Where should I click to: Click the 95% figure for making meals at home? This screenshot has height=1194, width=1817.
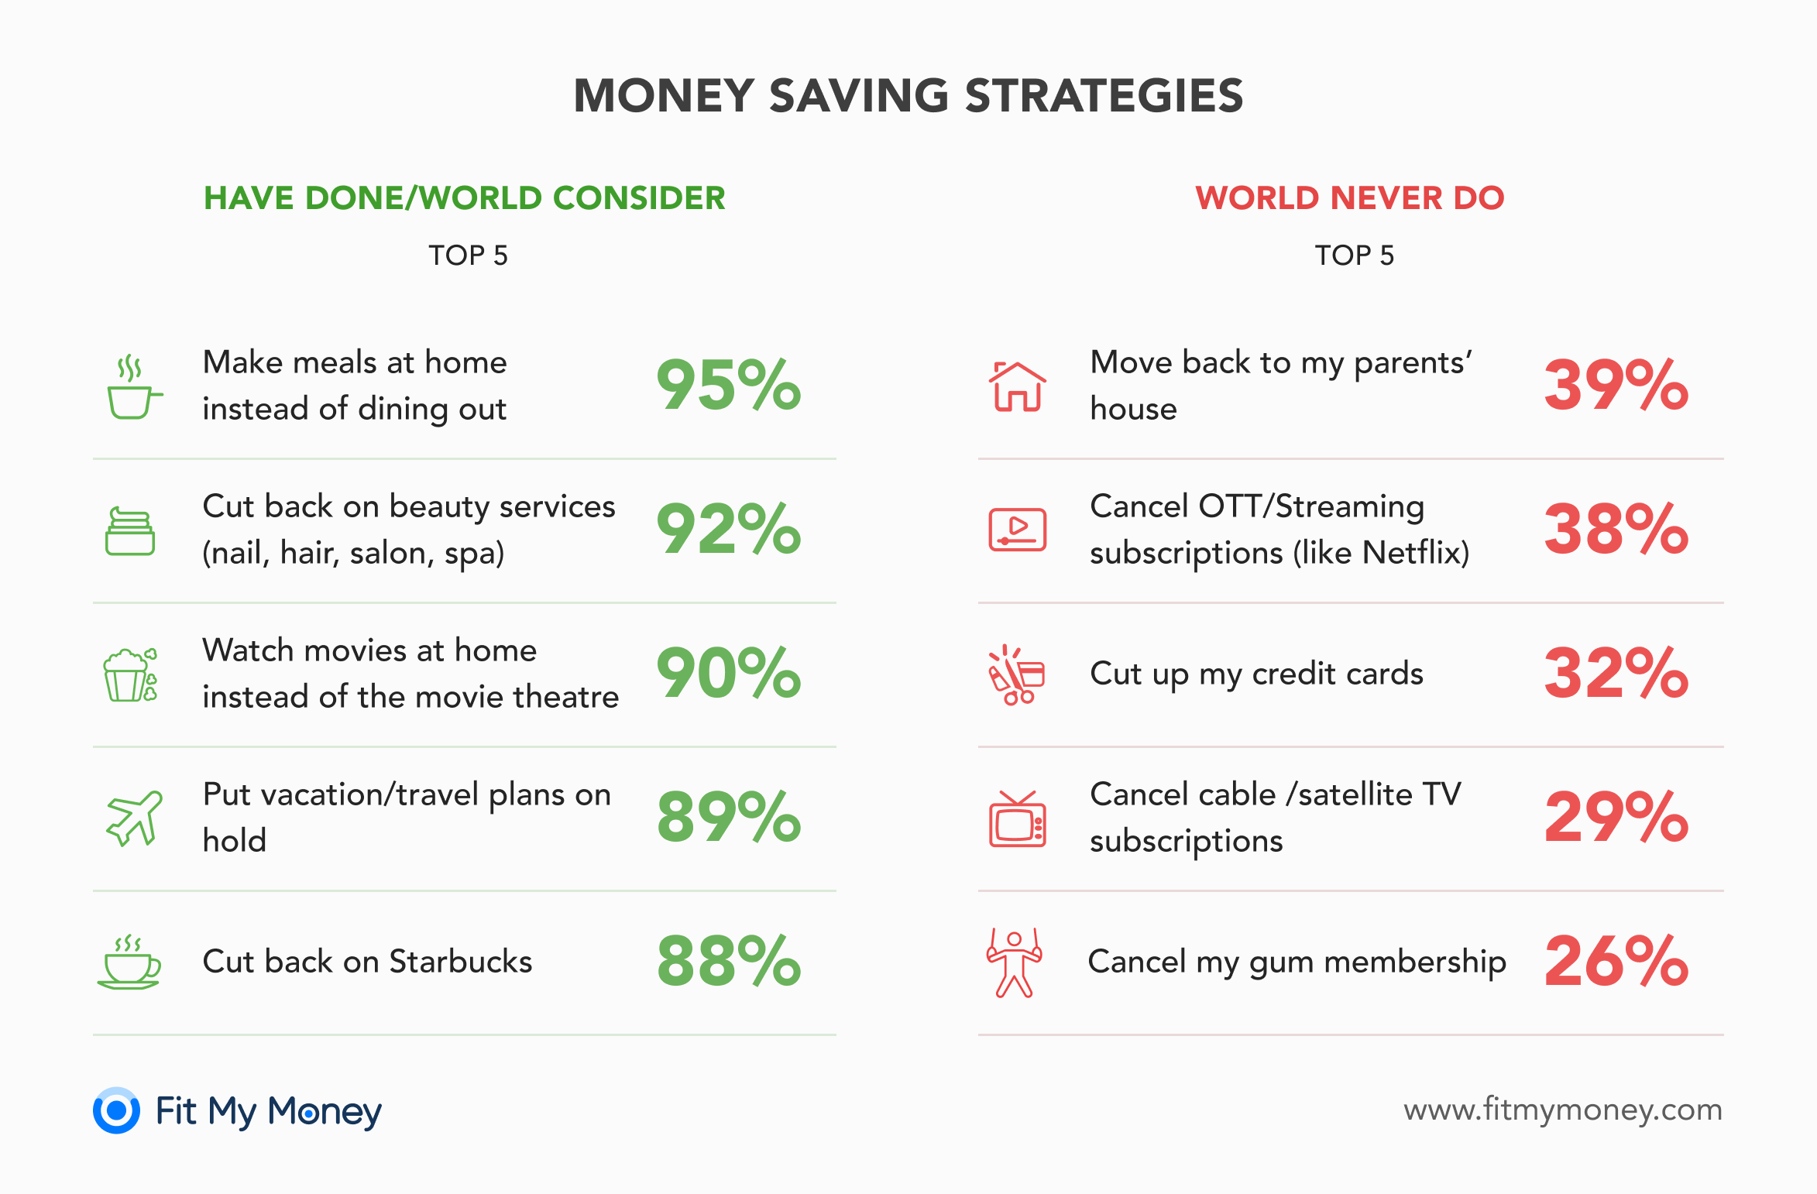[x=729, y=385]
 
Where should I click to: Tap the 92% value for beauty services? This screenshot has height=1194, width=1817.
[x=729, y=529]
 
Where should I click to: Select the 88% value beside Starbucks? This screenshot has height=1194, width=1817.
[x=729, y=961]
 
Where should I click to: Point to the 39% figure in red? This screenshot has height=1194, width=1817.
[x=1616, y=385]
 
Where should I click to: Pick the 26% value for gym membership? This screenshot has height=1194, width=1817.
[x=1616, y=961]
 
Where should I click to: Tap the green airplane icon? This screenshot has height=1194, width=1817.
[x=134, y=818]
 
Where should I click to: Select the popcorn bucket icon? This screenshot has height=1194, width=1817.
[x=131, y=674]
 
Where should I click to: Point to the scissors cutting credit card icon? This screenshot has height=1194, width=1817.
[x=1017, y=674]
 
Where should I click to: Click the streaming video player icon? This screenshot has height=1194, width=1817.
[x=1018, y=530]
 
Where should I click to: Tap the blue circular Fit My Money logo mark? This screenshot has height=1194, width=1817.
[x=116, y=1110]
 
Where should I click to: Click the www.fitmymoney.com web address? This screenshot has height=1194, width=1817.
[x=1563, y=1110]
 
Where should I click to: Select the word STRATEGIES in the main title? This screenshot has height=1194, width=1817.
[x=1104, y=96]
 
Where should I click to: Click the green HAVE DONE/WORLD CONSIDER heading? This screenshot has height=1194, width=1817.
[x=465, y=198]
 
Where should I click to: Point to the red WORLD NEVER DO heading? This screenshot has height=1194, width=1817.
[x=1350, y=198]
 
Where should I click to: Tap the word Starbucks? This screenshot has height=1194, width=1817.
[x=461, y=962]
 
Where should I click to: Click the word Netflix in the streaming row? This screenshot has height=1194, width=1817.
[x=1412, y=553]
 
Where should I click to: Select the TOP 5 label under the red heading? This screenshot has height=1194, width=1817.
[x=1355, y=256]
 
